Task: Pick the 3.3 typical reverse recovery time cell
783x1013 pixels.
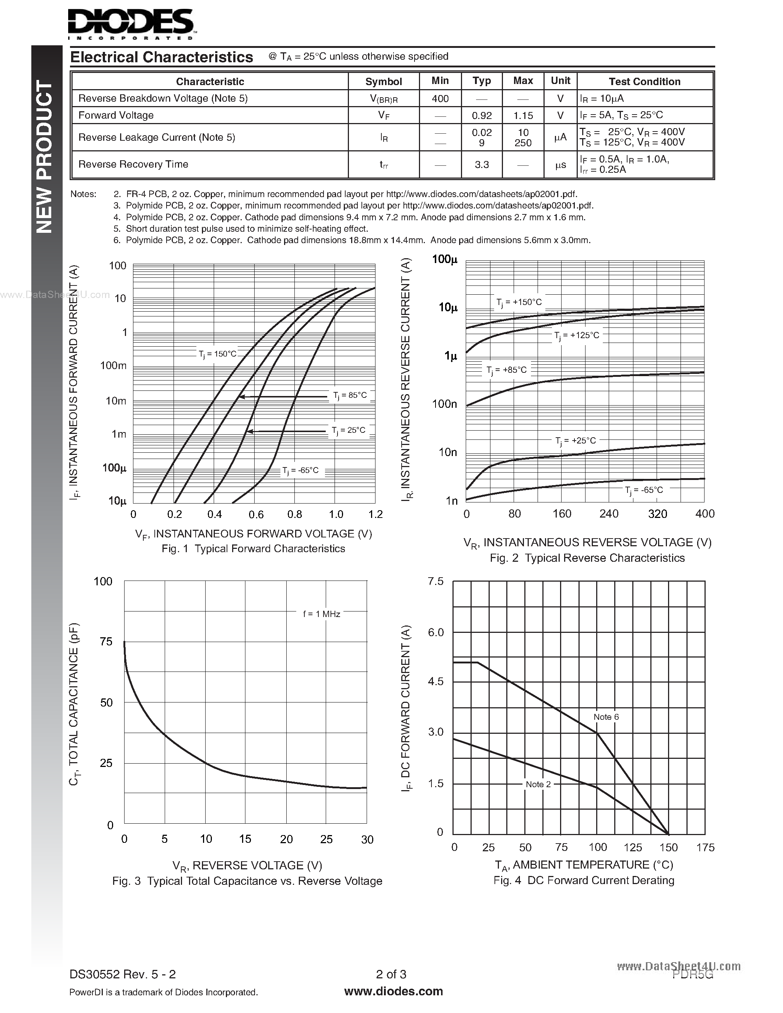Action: pyautogui.click(x=482, y=164)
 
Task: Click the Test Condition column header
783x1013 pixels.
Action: pyautogui.click(x=644, y=82)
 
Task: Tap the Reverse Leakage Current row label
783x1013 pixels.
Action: pyautogui.click(x=157, y=137)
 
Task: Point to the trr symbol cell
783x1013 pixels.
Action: pyautogui.click(x=384, y=165)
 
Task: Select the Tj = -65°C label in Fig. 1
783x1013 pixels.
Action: pyautogui.click(x=301, y=470)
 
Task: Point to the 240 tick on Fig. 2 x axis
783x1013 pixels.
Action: pyautogui.click(x=609, y=513)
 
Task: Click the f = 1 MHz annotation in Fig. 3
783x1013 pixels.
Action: pyautogui.click(x=321, y=614)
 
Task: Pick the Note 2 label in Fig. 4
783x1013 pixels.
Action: pyautogui.click(x=538, y=784)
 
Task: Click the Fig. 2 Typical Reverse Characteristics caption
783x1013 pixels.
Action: pyautogui.click(x=587, y=558)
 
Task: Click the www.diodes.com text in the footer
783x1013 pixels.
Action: pyautogui.click(x=394, y=992)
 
